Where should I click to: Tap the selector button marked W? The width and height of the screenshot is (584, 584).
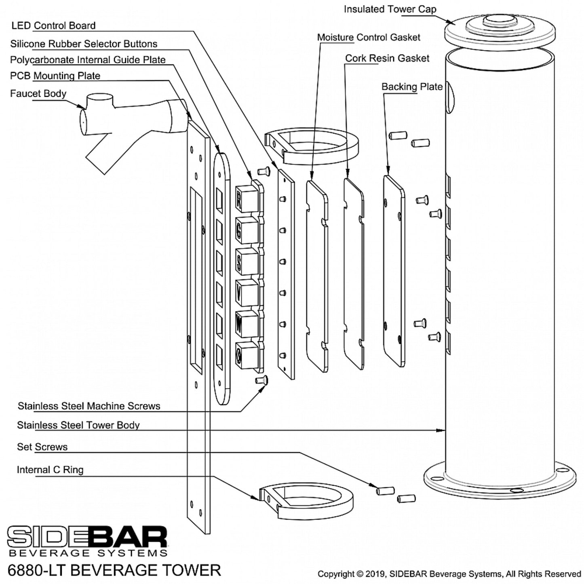click(246, 324)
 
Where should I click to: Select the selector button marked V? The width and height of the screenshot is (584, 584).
click(246, 292)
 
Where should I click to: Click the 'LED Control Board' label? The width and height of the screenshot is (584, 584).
click(53, 25)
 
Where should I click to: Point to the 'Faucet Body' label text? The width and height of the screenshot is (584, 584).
click(38, 93)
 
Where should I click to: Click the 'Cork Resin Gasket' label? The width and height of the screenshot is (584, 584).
click(387, 58)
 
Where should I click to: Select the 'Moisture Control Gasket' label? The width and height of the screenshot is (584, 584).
click(368, 37)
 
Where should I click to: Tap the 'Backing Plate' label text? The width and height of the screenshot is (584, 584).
click(411, 86)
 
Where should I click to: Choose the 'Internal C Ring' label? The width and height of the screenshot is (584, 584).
click(50, 470)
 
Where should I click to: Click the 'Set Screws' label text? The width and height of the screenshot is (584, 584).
click(42, 447)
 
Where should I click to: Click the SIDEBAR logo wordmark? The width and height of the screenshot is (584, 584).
click(87, 537)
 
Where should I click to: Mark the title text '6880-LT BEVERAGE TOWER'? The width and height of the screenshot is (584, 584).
click(114, 570)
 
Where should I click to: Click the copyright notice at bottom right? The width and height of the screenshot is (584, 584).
click(449, 573)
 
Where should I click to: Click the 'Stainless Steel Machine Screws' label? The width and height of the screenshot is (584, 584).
click(89, 406)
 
